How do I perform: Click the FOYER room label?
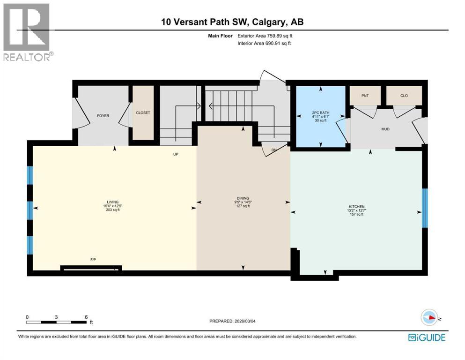[103, 115]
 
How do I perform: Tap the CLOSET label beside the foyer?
[143, 112]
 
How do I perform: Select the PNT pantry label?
[365, 96]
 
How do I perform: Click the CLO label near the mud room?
[404, 96]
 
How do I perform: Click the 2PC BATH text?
[320, 112]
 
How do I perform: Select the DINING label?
[243, 198]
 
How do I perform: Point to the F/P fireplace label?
[93, 259]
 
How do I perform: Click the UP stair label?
[176, 154]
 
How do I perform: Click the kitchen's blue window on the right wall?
[424, 208]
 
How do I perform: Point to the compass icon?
[429, 317]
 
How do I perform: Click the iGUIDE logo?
[427, 337]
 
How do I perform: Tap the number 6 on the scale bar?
[86, 317]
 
